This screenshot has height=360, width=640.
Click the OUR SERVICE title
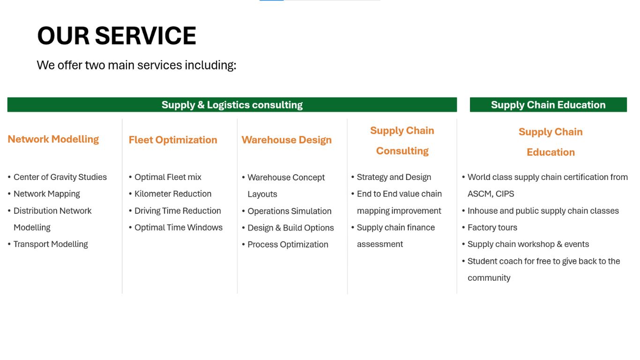(117, 36)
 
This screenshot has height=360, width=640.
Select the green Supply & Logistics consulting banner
(232, 105)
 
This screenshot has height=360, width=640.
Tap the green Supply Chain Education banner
(548, 105)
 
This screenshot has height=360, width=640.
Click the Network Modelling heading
(53, 139)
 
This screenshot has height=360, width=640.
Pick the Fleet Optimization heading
(173, 140)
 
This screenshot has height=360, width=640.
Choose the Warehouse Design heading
(287, 140)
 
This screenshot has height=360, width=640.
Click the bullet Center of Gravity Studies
(60, 177)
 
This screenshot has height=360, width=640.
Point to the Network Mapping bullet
(47, 194)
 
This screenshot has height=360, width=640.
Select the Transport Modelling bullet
(51, 244)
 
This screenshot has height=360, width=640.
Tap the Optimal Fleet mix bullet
(168, 177)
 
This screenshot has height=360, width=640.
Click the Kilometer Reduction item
(173, 194)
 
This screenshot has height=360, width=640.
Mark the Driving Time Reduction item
(178, 211)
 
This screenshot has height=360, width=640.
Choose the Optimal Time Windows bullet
(179, 228)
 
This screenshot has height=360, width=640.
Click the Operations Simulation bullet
(290, 211)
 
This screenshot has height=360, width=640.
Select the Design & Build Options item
(290, 228)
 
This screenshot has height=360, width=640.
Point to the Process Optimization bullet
(288, 245)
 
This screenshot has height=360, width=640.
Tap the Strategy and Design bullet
(394, 177)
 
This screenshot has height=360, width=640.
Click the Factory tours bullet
(492, 228)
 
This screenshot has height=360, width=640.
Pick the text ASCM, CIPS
(491, 194)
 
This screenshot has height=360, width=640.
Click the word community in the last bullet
(489, 278)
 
